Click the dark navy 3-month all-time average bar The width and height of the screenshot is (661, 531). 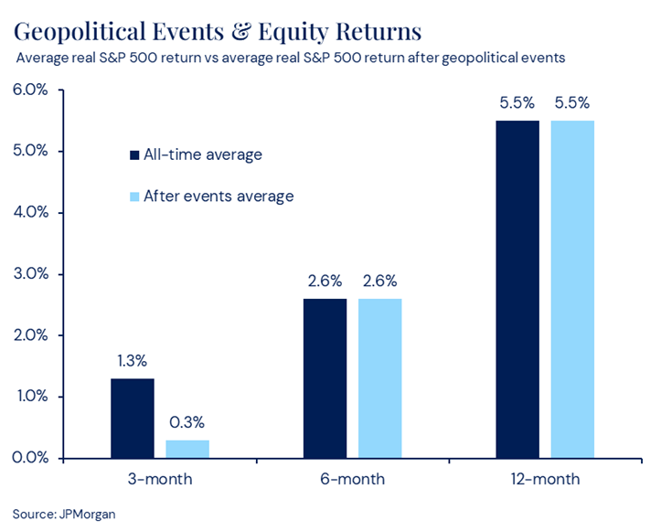click(x=133, y=418)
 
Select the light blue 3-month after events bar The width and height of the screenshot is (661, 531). click(x=187, y=449)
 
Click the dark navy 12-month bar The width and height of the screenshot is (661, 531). click(x=517, y=289)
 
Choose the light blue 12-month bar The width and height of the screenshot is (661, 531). click(x=572, y=289)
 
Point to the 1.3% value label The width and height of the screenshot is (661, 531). click(x=133, y=361)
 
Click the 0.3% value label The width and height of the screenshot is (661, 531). click(x=187, y=422)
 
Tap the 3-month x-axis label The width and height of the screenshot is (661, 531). click(x=160, y=479)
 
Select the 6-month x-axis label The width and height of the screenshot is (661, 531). click(x=353, y=479)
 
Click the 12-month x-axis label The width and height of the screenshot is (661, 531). click(x=545, y=479)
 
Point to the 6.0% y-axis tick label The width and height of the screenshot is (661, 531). click(x=30, y=90)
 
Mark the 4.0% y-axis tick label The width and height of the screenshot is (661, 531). click(x=30, y=213)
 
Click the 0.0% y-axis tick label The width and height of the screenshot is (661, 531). click(x=30, y=458)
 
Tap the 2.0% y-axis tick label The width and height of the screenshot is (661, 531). click(x=30, y=335)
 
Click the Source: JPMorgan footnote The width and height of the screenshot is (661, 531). click(x=64, y=514)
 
